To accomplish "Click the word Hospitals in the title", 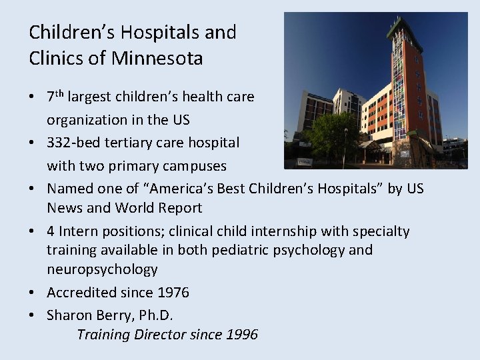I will pyautogui.click(x=139, y=32).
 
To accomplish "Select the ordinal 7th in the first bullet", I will pyautogui.click(x=55, y=97).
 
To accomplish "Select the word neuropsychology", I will pyautogui.click(x=102, y=269).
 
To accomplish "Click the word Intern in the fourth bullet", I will pyautogui.click(x=79, y=231).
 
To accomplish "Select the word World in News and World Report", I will pyautogui.click(x=120, y=208).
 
